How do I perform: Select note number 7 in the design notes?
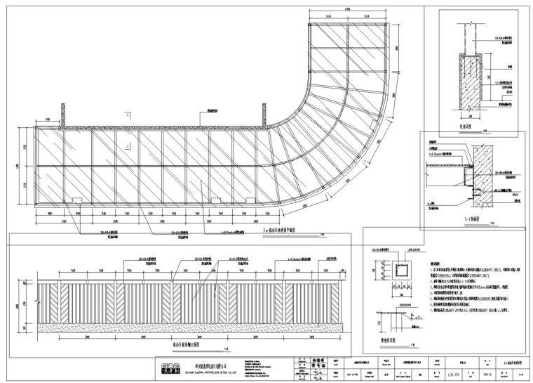pyautogui.click(x=434, y=298)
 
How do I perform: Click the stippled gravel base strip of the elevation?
pyautogui.click(x=189, y=327)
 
